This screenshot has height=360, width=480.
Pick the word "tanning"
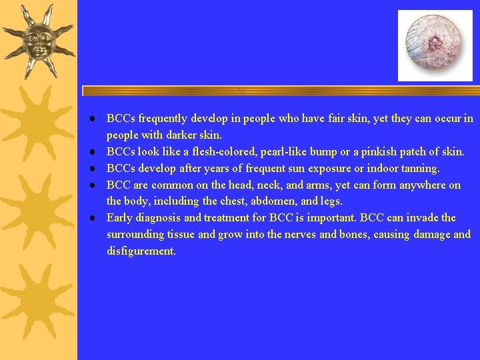click(420, 169)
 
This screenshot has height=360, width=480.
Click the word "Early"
click(120, 218)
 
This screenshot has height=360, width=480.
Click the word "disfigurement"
click(141, 251)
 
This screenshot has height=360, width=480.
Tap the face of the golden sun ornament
click(37, 39)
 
